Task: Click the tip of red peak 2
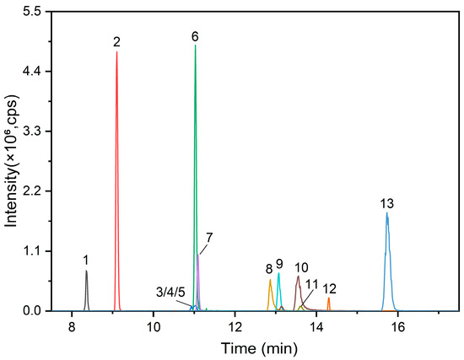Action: tap(116, 52)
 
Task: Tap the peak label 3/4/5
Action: tap(170, 292)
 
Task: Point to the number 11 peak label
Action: tap(313, 284)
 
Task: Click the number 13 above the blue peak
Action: tap(387, 203)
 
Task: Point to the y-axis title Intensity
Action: tap(11, 160)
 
